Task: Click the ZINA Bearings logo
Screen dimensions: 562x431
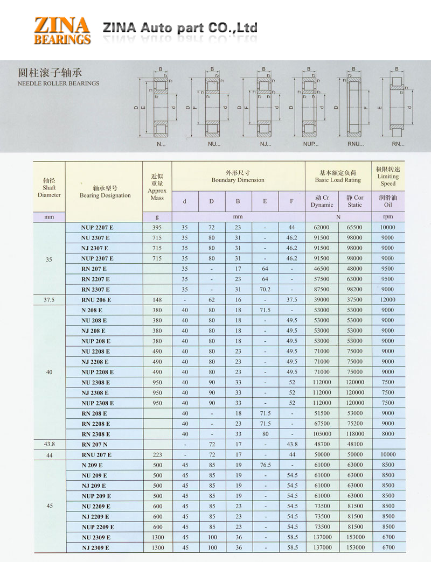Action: click(62, 30)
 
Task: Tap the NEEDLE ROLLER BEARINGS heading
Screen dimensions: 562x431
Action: click(58, 83)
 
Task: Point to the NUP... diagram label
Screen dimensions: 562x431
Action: click(311, 144)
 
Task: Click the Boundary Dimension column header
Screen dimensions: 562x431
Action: click(238, 176)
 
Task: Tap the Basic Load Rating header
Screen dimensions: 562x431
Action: click(338, 176)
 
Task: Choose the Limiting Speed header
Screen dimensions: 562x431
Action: click(388, 176)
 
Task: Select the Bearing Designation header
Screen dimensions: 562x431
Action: click(105, 192)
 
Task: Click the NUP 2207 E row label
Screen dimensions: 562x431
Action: click(97, 227)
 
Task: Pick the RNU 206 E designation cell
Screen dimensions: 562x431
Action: click(96, 300)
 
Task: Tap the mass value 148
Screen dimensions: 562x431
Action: click(157, 300)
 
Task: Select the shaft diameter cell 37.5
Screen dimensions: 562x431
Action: click(49, 300)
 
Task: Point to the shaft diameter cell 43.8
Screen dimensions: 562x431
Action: click(49, 444)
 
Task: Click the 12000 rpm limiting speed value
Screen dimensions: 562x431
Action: click(387, 300)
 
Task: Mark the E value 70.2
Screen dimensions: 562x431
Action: click(265, 289)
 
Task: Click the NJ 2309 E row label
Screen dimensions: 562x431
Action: click(96, 547)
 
